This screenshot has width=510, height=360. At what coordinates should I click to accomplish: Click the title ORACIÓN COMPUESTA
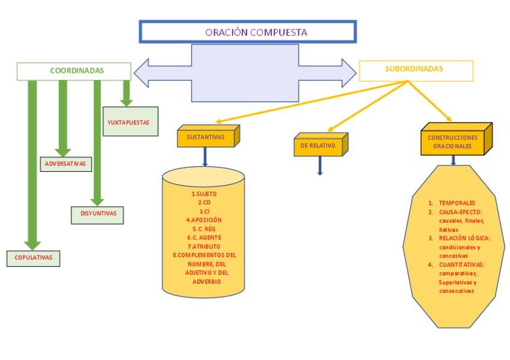(x=247, y=32)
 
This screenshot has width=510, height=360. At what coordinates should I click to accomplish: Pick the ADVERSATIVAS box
(x=65, y=163)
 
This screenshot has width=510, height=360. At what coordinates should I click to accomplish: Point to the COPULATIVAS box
(x=34, y=257)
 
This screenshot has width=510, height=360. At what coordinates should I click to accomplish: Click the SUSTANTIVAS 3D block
(x=206, y=138)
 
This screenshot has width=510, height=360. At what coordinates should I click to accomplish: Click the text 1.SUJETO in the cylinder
(x=203, y=194)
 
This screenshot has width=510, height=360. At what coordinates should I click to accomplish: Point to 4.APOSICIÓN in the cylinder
(x=203, y=220)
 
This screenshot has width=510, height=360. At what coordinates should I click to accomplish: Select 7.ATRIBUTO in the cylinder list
(x=203, y=246)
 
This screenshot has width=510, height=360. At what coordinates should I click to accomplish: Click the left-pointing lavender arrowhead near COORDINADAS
(x=142, y=73)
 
